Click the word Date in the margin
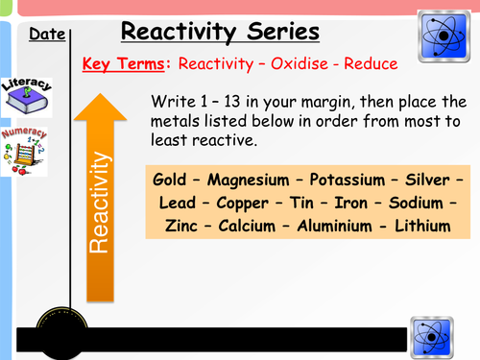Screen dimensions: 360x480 [x=47, y=36]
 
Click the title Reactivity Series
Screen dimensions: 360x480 [x=220, y=33]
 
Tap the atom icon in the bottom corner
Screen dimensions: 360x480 [x=433, y=337]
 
